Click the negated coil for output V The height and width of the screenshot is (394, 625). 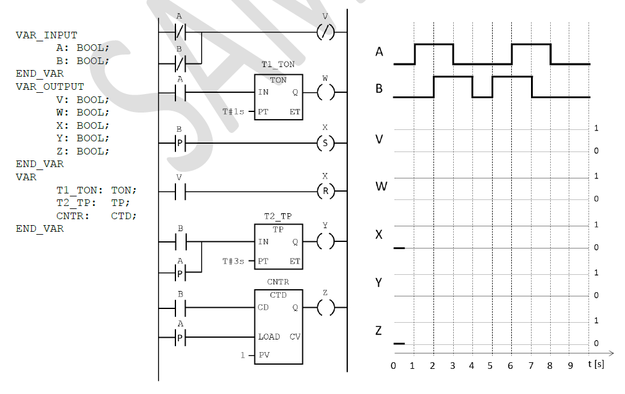click(x=325, y=32)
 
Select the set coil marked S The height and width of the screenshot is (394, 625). click(x=325, y=144)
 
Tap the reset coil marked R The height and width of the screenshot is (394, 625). click(x=325, y=192)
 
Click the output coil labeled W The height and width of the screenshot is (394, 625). click(x=325, y=93)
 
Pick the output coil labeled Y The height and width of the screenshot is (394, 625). click(x=325, y=242)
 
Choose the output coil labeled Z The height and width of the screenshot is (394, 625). click(x=325, y=308)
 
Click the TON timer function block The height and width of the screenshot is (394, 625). click(x=278, y=97)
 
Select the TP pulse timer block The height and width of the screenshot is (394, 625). click(x=278, y=247)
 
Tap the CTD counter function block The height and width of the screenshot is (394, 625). click(x=278, y=326)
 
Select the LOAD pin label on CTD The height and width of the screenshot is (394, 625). click(x=269, y=337)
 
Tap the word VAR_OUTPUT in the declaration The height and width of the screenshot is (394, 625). click(x=50, y=87)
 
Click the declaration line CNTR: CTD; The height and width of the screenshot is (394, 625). click(x=96, y=216)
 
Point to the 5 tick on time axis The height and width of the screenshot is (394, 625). click(x=491, y=365)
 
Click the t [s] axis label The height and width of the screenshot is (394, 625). click(x=595, y=364)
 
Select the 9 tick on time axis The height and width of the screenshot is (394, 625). click(x=569, y=365)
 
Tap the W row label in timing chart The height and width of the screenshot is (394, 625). click(x=381, y=186)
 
